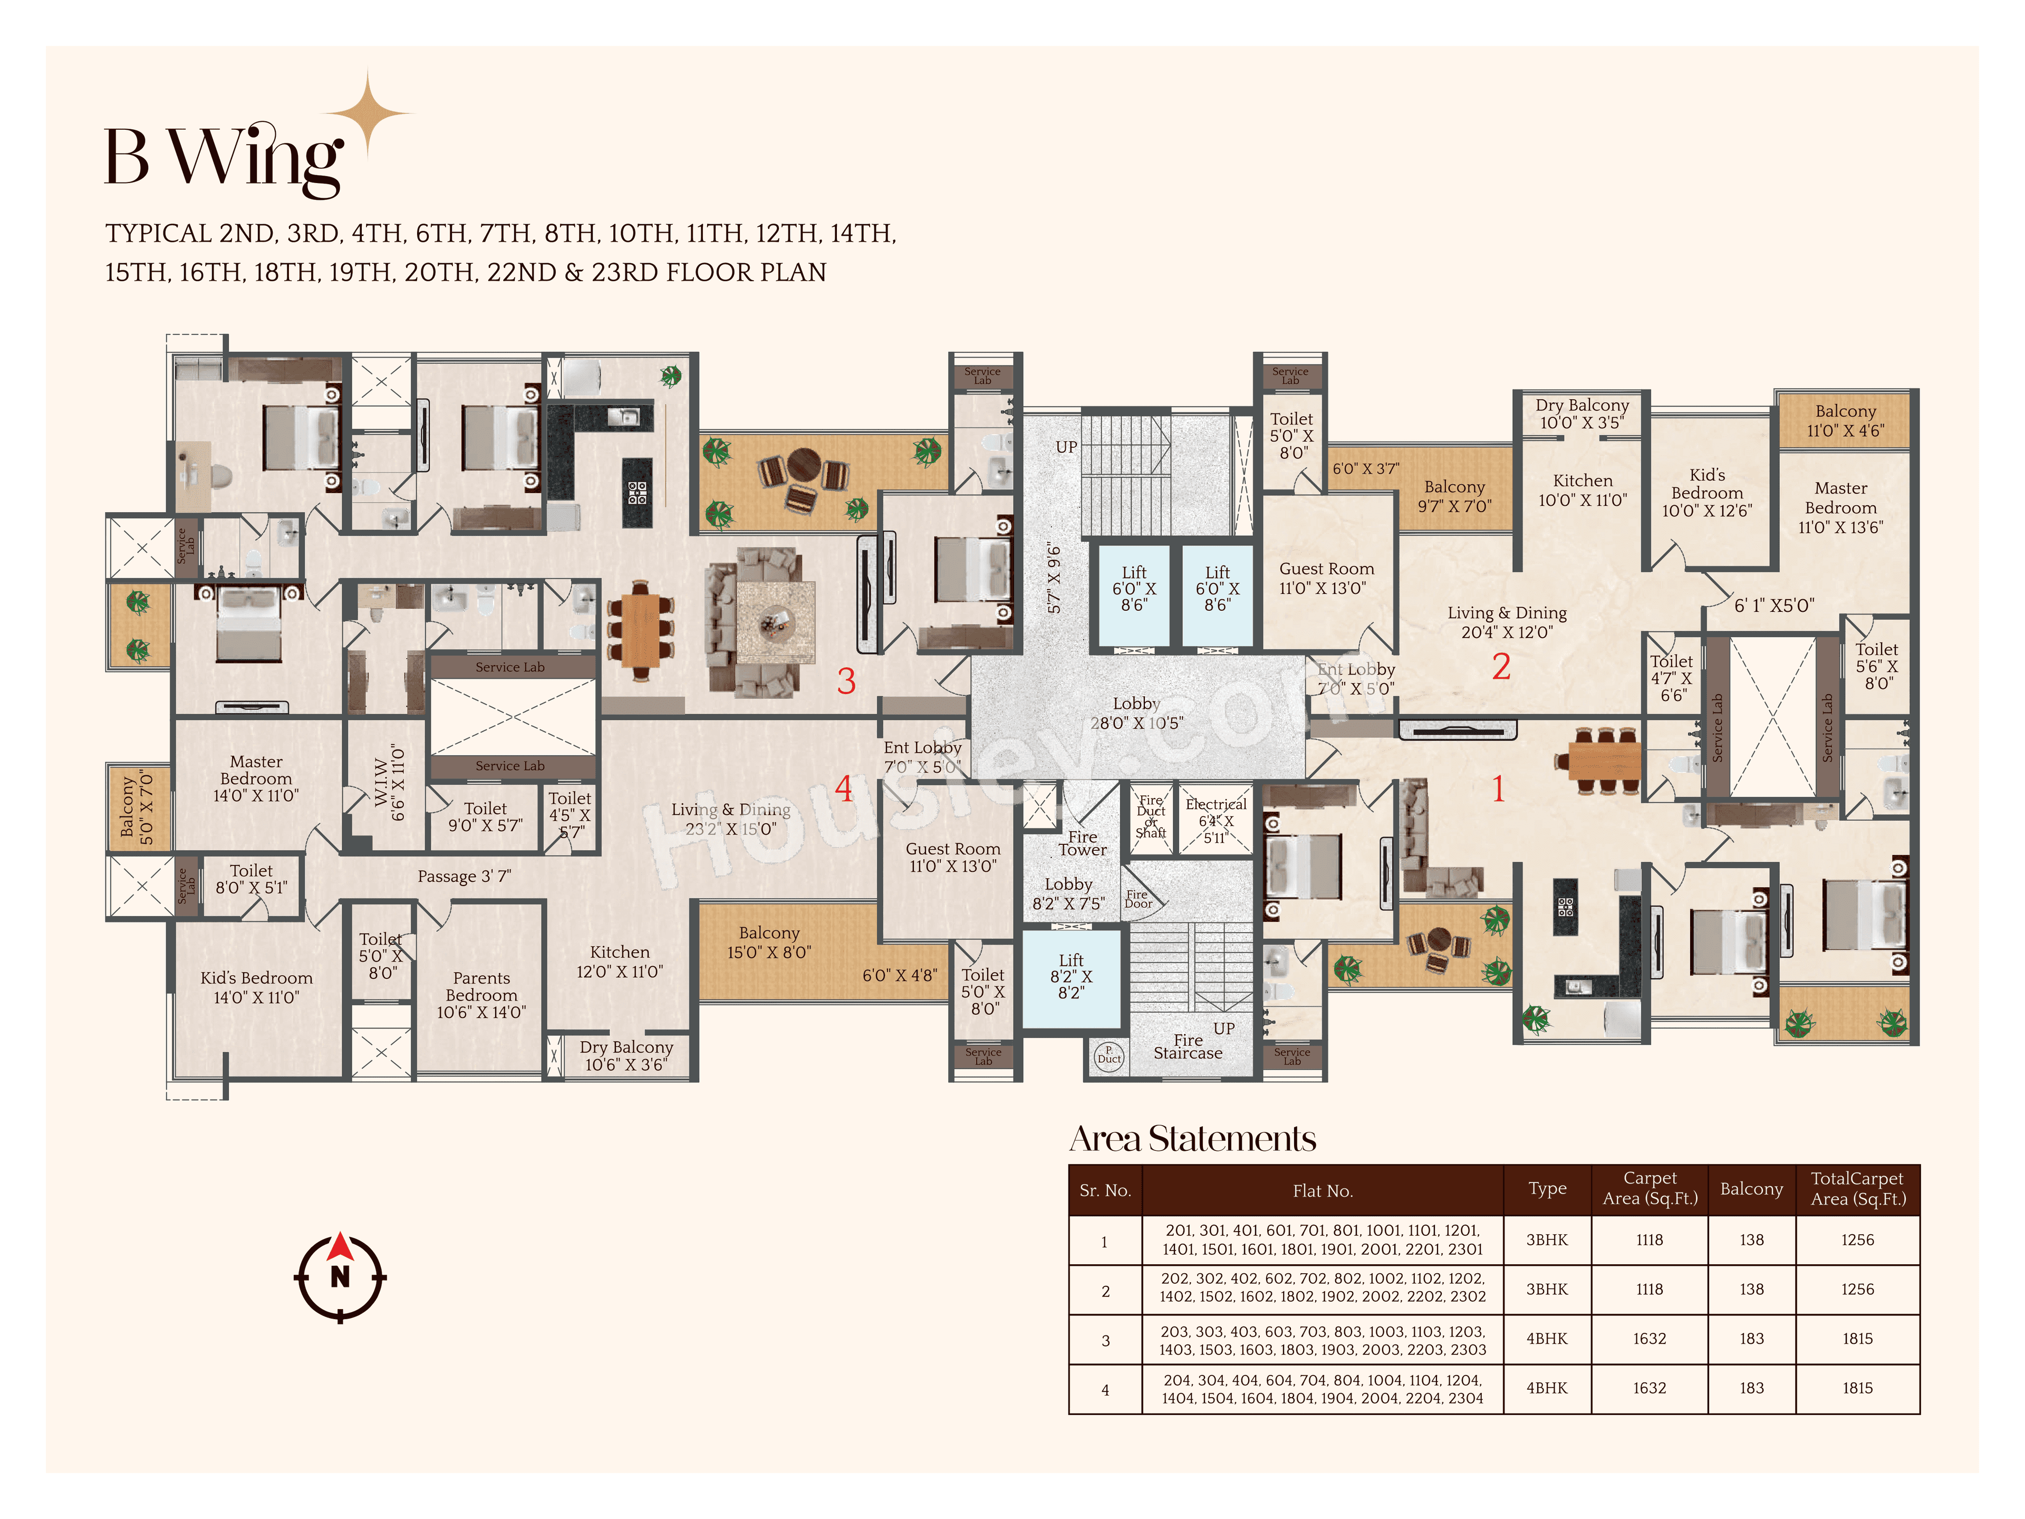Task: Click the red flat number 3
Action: point(846,680)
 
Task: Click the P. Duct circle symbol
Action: point(1108,1055)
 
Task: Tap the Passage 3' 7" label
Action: point(464,876)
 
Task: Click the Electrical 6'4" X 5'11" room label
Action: point(1216,820)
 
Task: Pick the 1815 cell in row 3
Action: point(1857,1339)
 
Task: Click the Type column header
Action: point(1547,1188)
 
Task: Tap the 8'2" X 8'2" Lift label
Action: point(1071,976)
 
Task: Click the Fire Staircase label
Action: point(1188,1046)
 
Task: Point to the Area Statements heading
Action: point(1193,1139)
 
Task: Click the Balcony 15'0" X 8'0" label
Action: point(769,942)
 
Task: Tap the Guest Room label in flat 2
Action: point(1326,578)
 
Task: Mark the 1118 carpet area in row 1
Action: point(1650,1240)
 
